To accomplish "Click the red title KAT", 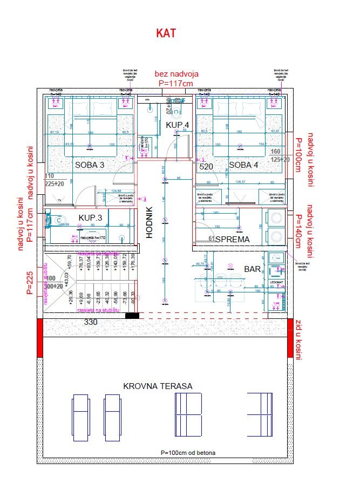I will point(166,33).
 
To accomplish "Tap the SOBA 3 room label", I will point(90,165).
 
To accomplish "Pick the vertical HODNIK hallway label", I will point(150,224).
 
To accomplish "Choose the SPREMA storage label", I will point(232,239).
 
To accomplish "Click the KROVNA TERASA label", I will point(158,386).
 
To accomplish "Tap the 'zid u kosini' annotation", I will point(298,339).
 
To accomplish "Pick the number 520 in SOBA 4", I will point(206,167).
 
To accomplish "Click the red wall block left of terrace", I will point(39,338).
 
